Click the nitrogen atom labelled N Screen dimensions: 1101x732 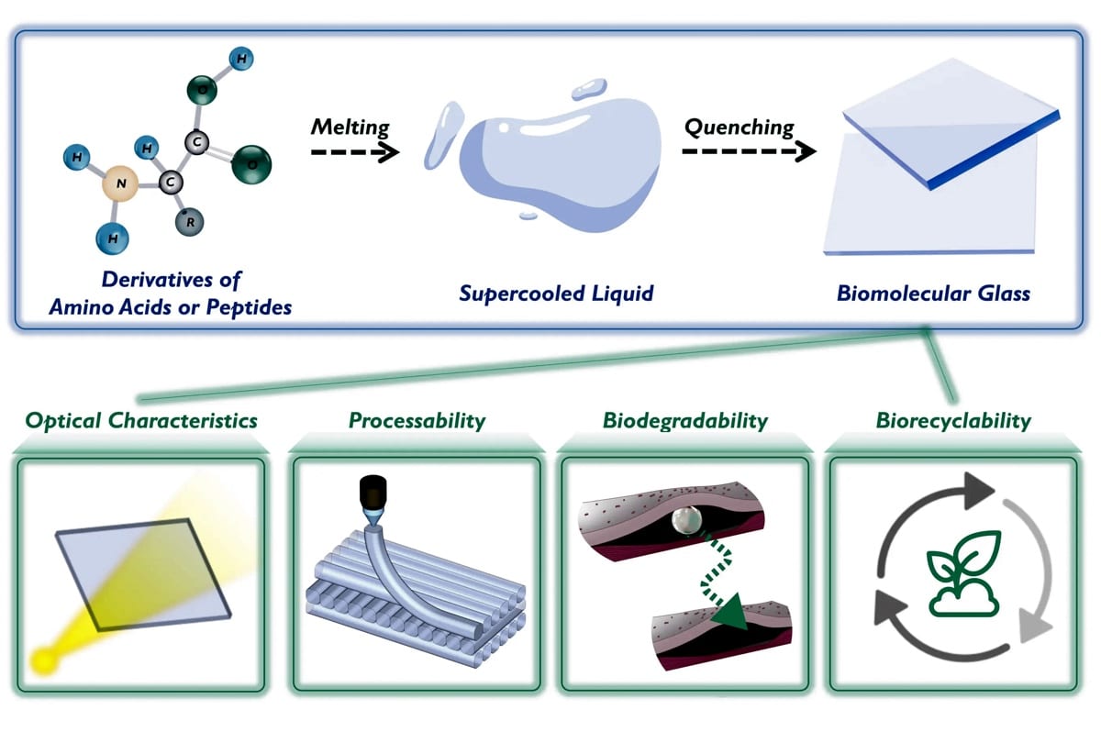120,183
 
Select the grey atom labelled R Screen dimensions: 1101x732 189,222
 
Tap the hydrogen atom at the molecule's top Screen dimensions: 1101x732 241,59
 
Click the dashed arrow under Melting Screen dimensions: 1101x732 355,151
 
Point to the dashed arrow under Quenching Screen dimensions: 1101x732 749,150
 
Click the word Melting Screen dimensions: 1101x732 350,127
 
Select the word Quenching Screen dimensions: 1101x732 739,128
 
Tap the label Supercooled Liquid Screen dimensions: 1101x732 556,294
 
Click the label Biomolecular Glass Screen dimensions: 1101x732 933,294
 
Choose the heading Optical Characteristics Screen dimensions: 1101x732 141,420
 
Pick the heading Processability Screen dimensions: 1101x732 417,420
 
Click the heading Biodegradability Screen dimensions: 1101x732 685,420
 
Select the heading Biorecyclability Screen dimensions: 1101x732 953,420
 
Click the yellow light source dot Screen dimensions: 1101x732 44,660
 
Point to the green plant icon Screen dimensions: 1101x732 963,573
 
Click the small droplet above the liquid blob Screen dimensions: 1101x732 589,89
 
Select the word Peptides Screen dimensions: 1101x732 249,307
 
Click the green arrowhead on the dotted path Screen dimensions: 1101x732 731,613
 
